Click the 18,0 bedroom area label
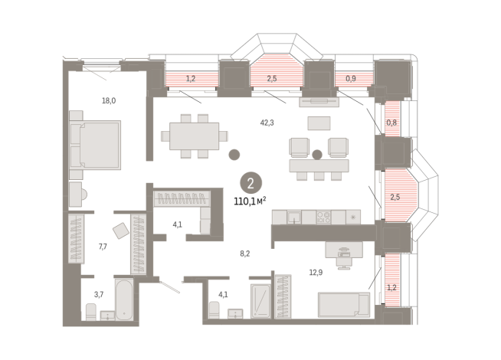click(109, 101)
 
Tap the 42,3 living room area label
click(267, 123)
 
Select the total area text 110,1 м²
click(250, 201)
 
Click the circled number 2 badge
click(250, 183)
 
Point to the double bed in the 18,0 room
click(95, 145)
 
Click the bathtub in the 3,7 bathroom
click(124, 299)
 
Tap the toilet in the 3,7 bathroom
click(91, 312)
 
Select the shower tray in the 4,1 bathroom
click(260, 301)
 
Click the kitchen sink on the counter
click(293, 218)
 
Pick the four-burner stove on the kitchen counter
click(323, 217)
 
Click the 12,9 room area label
click(316, 273)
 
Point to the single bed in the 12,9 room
click(344, 305)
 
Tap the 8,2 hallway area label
click(245, 254)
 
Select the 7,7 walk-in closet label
click(103, 247)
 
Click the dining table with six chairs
click(195, 136)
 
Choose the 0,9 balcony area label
click(351, 79)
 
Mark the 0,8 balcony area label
click(391, 123)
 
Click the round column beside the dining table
click(234, 155)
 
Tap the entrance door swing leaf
click(170, 286)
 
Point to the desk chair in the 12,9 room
click(344, 263)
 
